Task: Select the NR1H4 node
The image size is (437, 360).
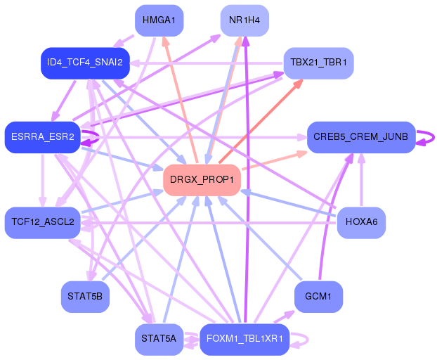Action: [x=244, y=20]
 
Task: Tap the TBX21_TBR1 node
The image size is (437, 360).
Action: [x=318, y=63]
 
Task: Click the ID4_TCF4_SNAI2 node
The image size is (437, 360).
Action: [x=84, y=63]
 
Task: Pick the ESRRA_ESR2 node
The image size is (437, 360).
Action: [x=43, y=136]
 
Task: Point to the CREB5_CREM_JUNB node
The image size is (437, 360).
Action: [x=361, y=136]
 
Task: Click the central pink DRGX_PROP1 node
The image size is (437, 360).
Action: [x=202, y=179]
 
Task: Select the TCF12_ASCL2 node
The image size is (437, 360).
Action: [x=43, y=222]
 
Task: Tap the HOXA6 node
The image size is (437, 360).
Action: [x=361, y=222]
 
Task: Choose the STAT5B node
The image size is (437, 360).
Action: [x=84, y=296]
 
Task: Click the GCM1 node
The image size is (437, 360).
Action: [x=318, y=296]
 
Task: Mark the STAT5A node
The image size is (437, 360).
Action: [x=158, y=339]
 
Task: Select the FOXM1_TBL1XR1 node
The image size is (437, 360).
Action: [x=244, y=339]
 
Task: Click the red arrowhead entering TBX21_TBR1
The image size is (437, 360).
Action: [x=297, y=84]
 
